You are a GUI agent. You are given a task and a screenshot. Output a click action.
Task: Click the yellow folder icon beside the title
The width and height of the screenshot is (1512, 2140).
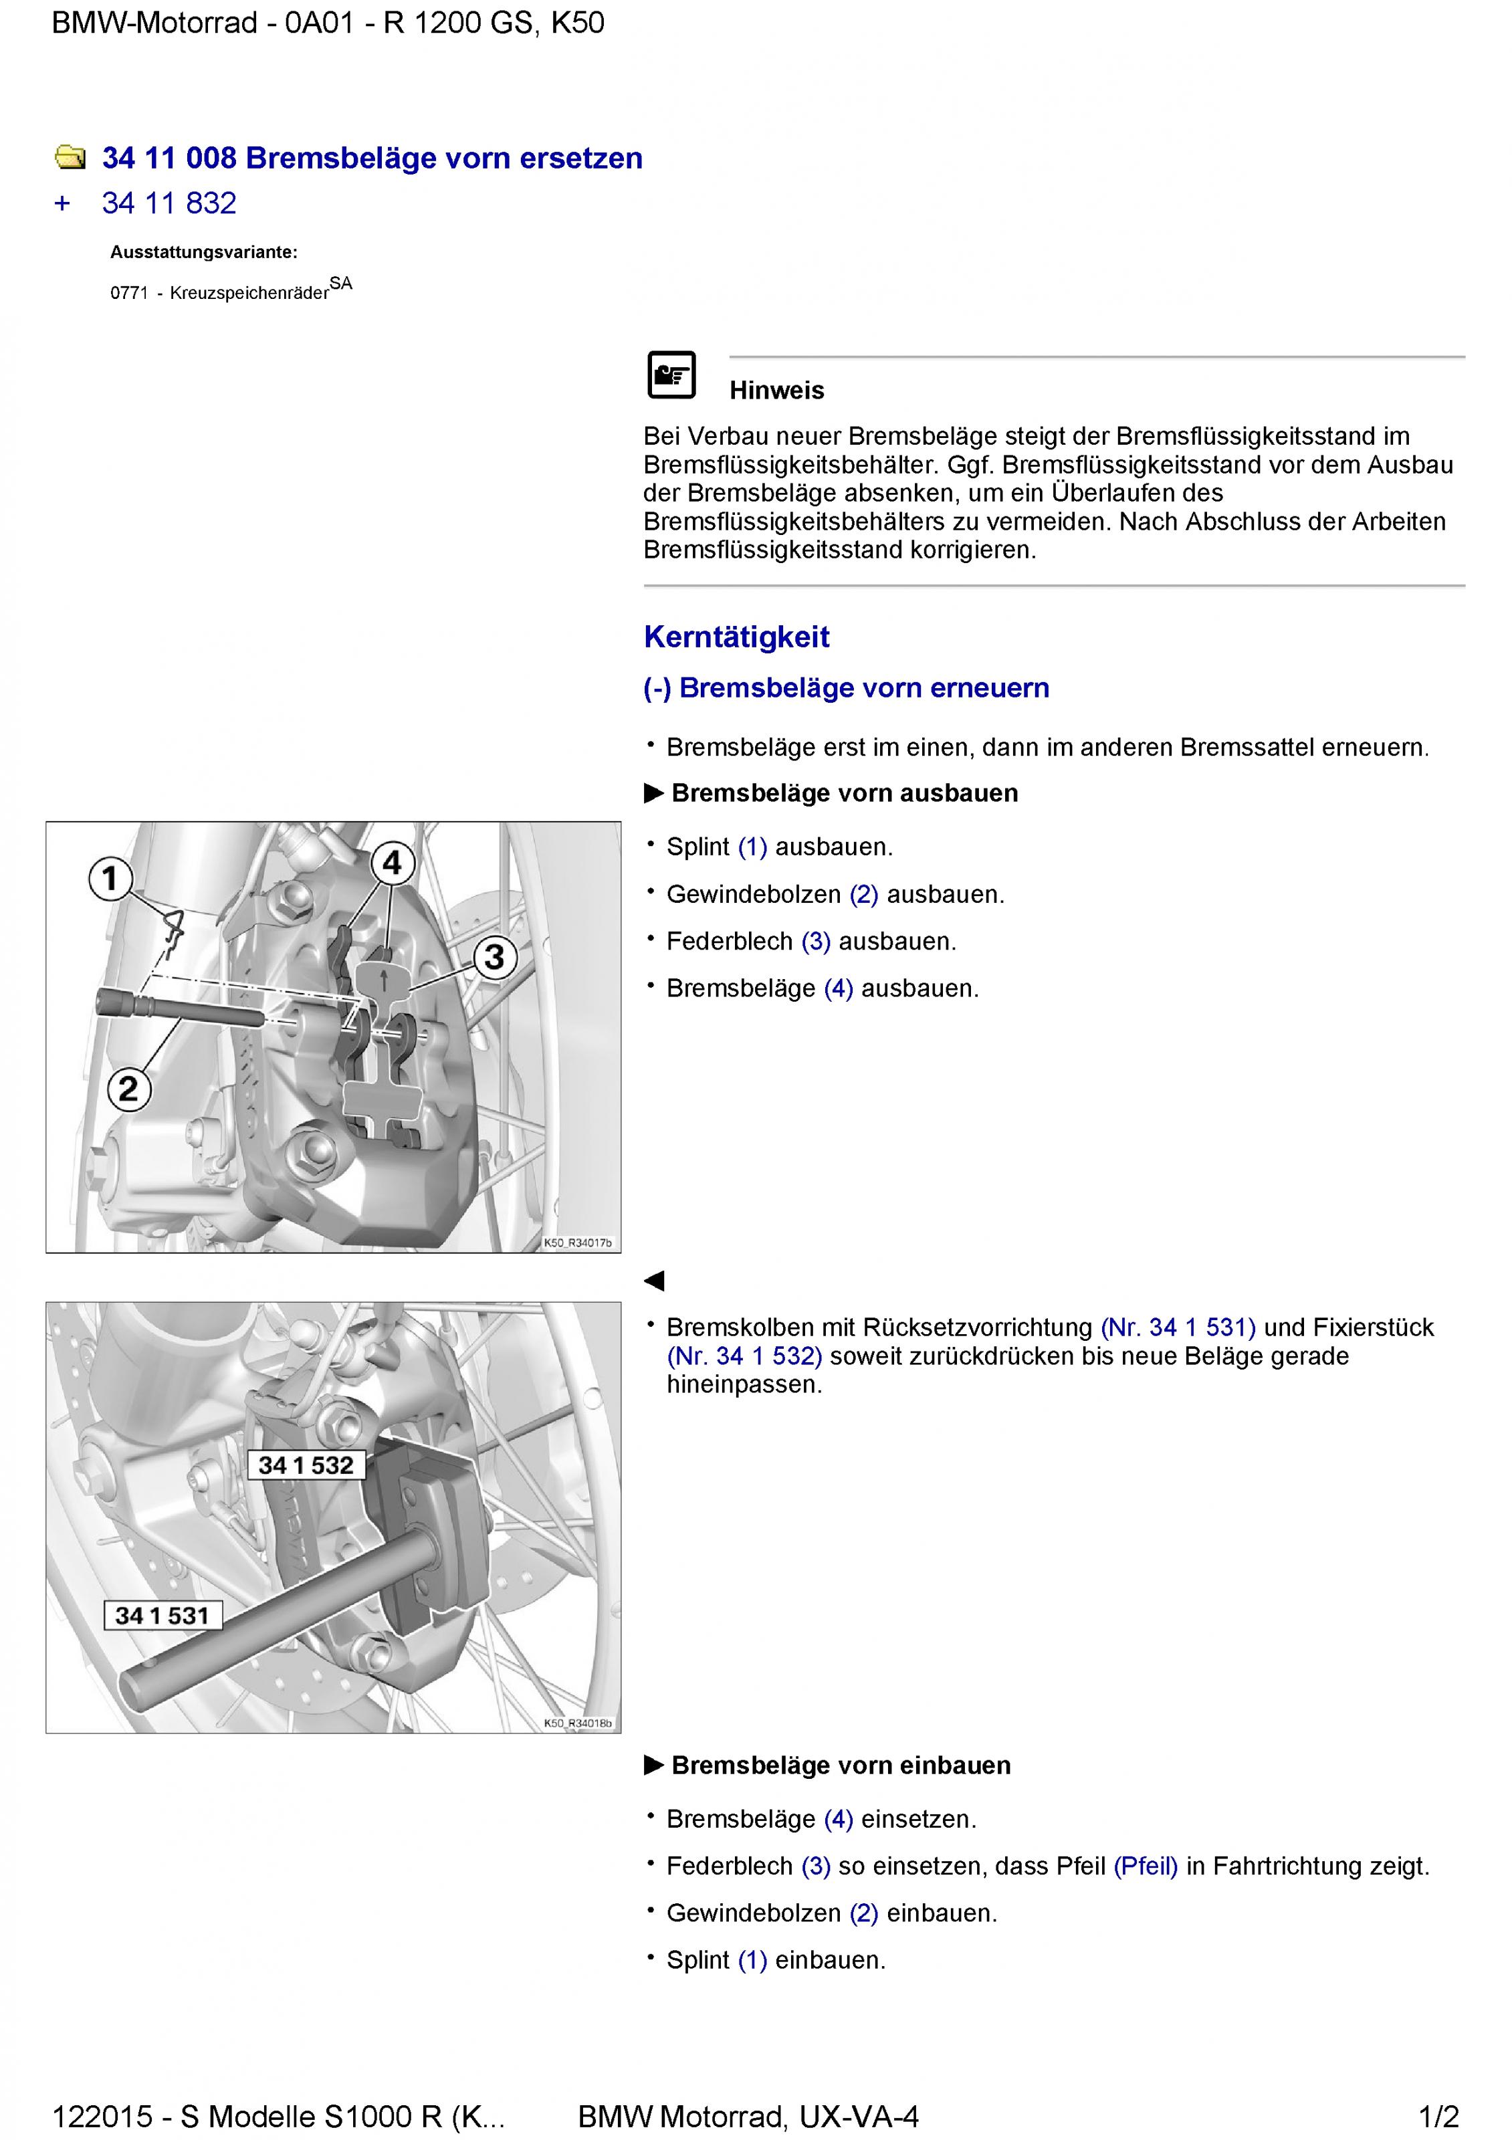(70, 158)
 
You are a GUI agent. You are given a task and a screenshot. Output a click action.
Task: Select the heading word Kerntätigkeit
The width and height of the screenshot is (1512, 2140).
(736, 637)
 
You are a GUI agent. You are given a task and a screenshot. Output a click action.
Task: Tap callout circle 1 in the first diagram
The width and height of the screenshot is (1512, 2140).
(110, 878)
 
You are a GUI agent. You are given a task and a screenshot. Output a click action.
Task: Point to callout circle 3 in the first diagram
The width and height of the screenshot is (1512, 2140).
(494, 956)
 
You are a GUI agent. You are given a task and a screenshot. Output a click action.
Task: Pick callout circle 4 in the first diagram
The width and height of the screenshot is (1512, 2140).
(393, 863)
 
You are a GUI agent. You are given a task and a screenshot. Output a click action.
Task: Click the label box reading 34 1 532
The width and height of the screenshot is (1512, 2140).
(306, 1465)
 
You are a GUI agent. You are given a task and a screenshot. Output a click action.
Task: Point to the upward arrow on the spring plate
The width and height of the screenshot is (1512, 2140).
(383, 980)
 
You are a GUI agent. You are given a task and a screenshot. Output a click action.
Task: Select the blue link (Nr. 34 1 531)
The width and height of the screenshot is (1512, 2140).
(1178, 1327)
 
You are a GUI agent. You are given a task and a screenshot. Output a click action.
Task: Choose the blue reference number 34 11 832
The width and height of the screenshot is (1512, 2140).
(169, 203)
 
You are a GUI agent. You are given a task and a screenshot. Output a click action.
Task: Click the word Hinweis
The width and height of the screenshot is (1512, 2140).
(776, 391)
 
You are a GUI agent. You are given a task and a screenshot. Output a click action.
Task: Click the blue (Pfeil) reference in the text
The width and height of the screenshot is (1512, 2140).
(1146, 1866)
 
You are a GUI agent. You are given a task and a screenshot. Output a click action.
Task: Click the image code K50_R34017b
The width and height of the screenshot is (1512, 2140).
(578, 1243)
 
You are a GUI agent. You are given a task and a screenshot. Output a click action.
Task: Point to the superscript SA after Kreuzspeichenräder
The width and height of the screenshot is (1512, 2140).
(341, 284)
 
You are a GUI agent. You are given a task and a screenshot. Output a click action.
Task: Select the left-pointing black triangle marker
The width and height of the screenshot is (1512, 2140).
(655, 1281)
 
